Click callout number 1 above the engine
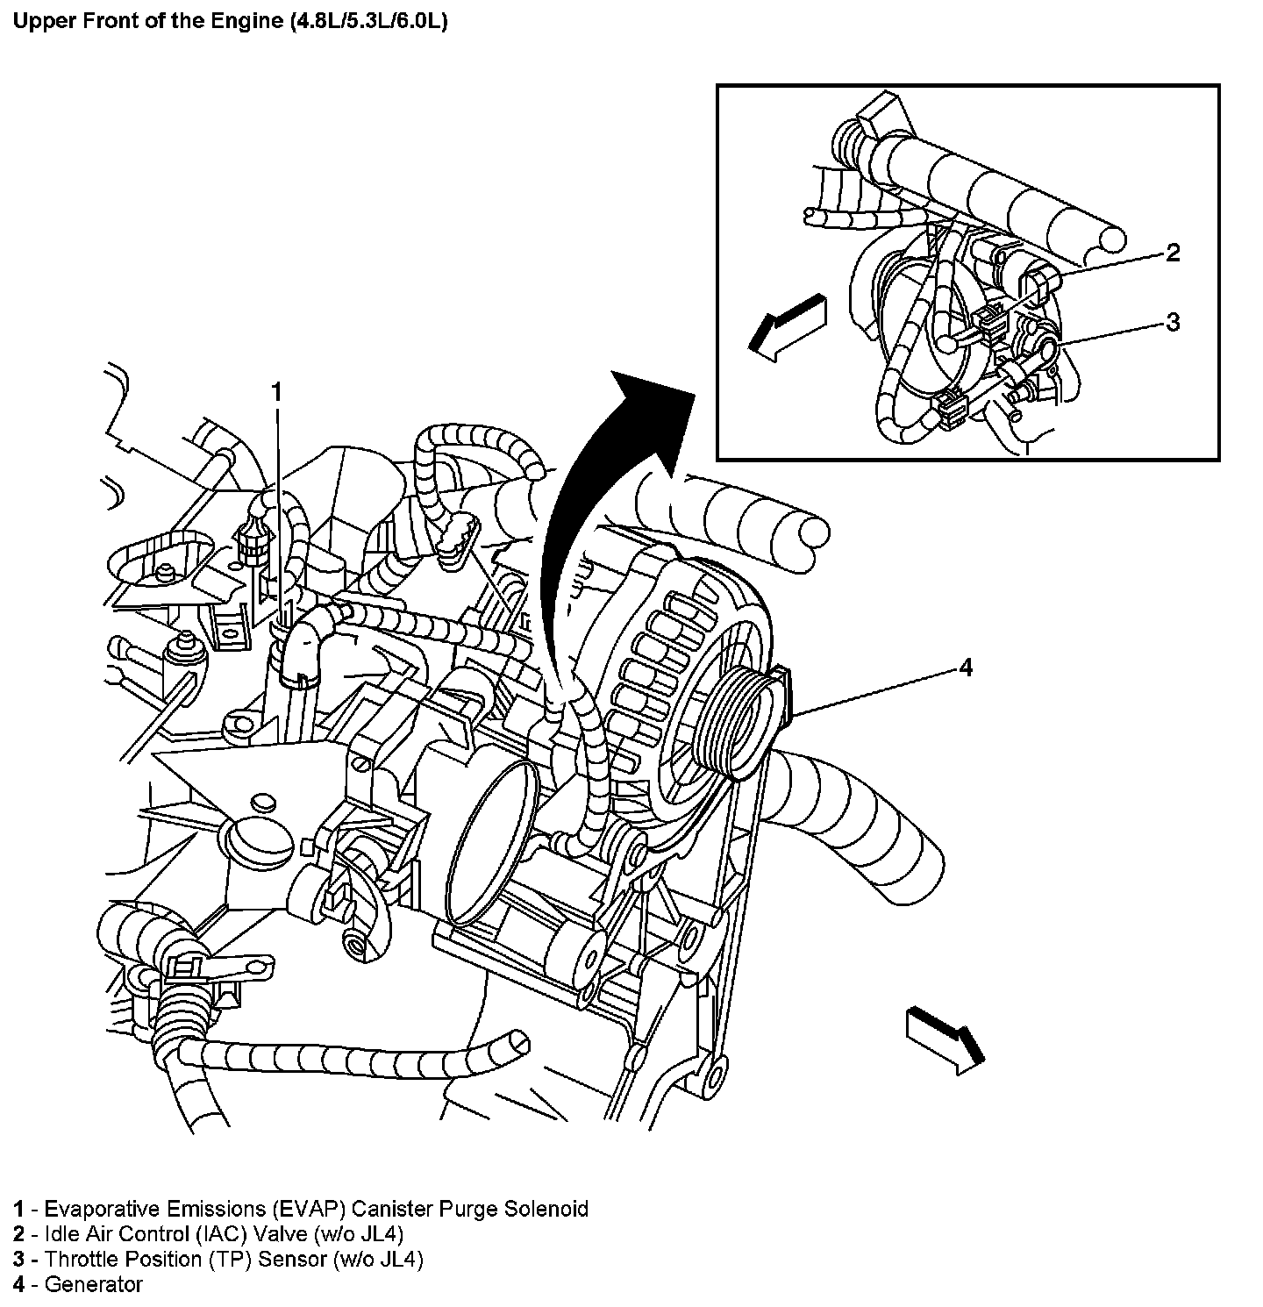click(277, 392)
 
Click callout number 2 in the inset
click(1173, 254)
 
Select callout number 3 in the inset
click(1173, 323)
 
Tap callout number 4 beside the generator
click(965, 668)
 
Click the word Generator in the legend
click(93, 1284)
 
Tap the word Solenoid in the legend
click(546, 1209)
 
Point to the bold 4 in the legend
click(18, 1284)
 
